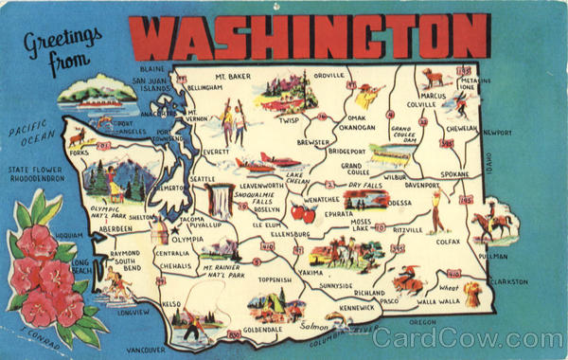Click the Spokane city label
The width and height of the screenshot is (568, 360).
pyautogui.click(x=453, y=175)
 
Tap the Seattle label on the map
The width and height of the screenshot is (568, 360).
pyautogui.click(x=202, y=178)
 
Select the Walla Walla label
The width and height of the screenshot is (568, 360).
pyautogui.click(x=437, y=301)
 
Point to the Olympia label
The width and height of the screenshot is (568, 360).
pyautogui.click(x=188, y=239)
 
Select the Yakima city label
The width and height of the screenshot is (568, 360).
pyautogui.click(x=310, y=273)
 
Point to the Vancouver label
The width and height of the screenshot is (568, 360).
pyautogui.click(x=146, y=349)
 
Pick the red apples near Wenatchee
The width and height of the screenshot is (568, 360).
pyautogui.click(x=303, y=212)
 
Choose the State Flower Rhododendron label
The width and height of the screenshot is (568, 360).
pyautogui.click(x=43, y=176)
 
